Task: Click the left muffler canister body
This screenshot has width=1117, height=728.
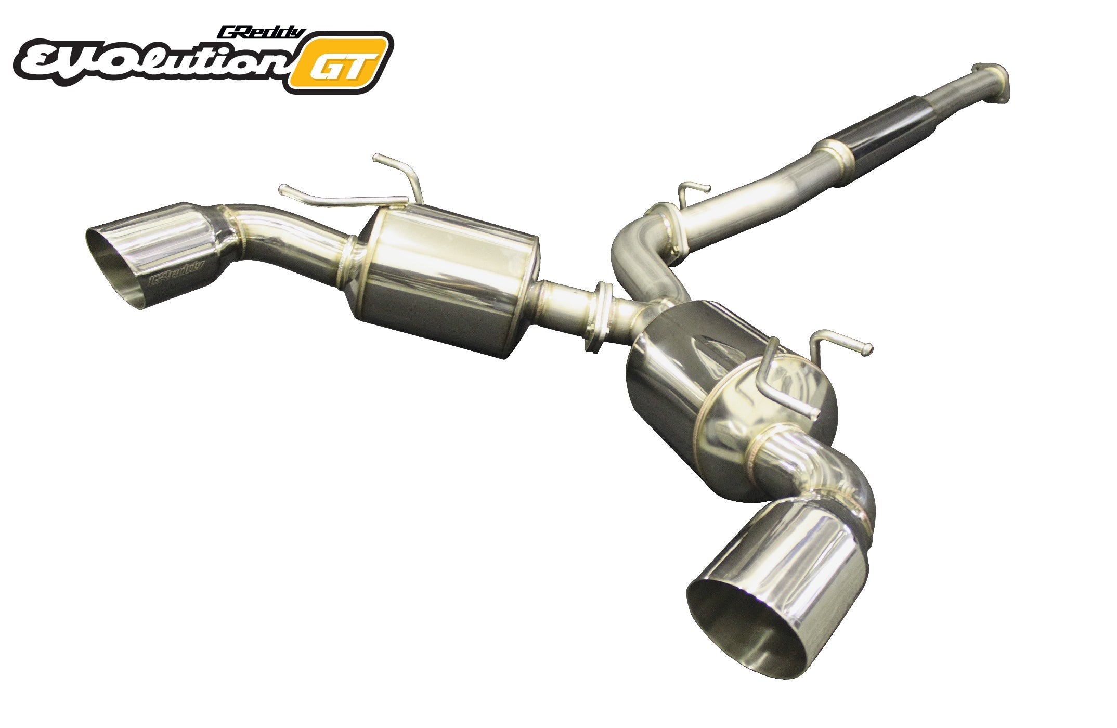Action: tap(445, 281)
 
